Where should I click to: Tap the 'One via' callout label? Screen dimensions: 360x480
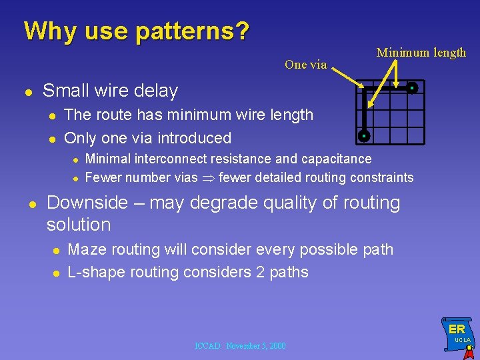(x=305, y=65)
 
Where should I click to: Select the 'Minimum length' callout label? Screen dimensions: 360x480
(x=421, y=53)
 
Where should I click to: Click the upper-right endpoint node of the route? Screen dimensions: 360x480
(x=413, y=88)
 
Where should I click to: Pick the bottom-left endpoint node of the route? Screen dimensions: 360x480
(x=364, y=136)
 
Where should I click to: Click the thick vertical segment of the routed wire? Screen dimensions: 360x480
(x=364, y=112)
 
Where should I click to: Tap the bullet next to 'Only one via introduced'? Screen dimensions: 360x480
(x=53, y=139)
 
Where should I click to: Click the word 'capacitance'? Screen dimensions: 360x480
(x=337, y=159)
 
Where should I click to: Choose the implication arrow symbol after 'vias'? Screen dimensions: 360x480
(x=208, y=178)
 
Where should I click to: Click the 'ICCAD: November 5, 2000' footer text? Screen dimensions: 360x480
(x=240, y=345)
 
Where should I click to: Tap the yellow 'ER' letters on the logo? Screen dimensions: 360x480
(x=457, y=329)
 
